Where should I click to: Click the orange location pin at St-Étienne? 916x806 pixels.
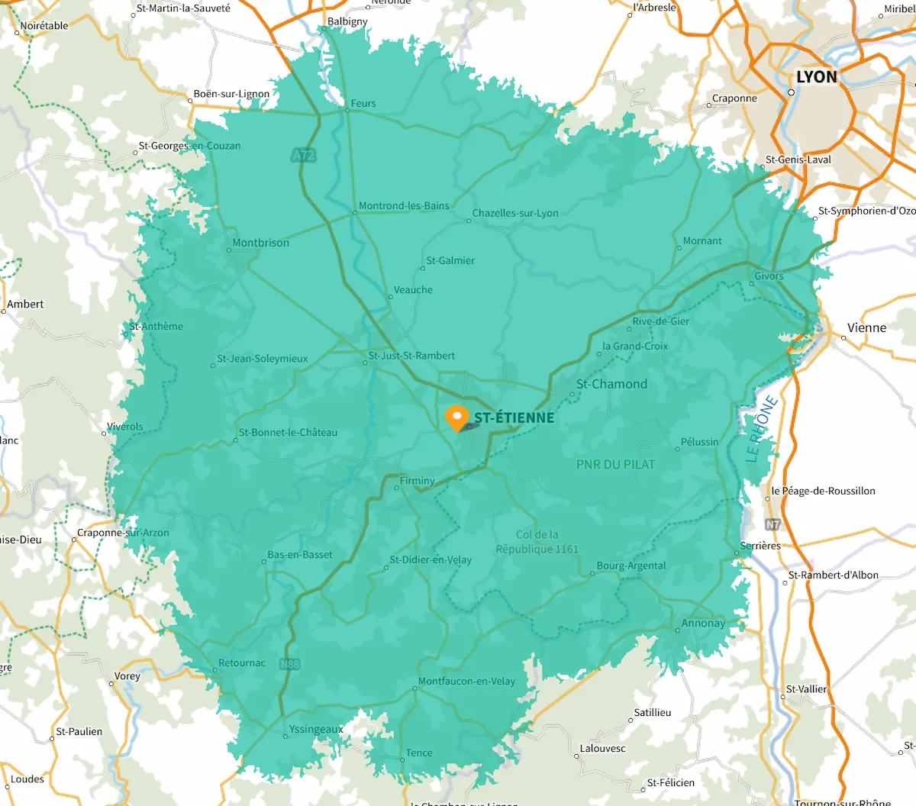456,417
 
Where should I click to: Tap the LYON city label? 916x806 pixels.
817,77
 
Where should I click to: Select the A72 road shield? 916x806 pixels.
303,155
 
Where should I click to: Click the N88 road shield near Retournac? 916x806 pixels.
289,664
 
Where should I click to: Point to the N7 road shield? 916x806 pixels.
773,524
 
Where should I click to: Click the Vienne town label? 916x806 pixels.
866,327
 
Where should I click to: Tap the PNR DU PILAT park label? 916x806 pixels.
615,464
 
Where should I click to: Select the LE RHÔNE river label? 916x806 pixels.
761,430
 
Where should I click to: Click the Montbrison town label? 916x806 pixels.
260,243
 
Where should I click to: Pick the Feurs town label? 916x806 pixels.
363,103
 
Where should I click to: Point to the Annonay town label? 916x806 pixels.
703,623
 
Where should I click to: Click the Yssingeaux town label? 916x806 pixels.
316,729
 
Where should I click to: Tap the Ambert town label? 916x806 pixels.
25,304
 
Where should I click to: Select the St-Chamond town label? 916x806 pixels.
611,384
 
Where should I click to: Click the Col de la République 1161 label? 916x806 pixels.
537,542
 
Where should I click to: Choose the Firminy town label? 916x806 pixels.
417,481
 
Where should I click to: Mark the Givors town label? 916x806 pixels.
769,276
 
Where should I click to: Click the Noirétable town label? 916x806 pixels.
44,25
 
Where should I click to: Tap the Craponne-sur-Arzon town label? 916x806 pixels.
123,533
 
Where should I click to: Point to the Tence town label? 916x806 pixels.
418,753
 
